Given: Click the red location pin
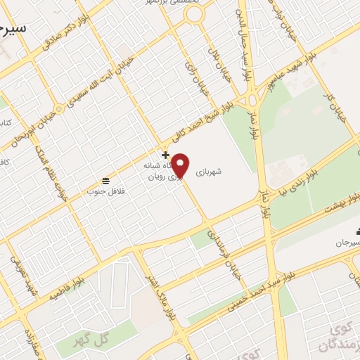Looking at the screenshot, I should click(181, 165).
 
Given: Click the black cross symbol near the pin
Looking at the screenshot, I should click(165, 155).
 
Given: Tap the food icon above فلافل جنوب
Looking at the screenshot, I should click(105, 179).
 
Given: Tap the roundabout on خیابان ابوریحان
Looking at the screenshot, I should click(59, 108).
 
